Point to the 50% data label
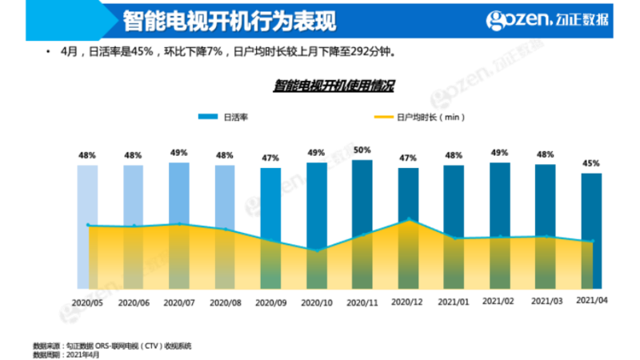click(362, 150)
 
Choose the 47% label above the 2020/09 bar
click(270, 158)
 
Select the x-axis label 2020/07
click(179, 302)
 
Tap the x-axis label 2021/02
click(500, 302)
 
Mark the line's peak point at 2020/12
click(409, 218)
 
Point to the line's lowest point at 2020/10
click(317, 251)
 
